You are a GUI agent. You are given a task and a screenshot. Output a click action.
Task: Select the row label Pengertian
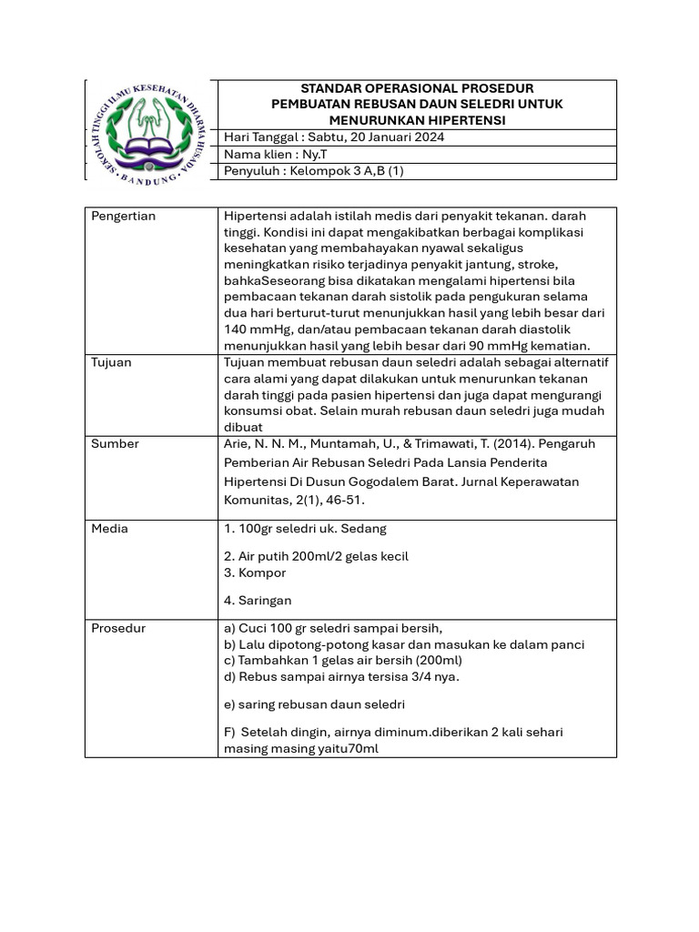[123, 217]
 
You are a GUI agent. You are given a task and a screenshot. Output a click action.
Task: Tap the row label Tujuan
[111, 362]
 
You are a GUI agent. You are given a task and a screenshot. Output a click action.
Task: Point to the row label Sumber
[115, 444]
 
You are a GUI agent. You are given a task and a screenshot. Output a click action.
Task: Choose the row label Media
[110, 529]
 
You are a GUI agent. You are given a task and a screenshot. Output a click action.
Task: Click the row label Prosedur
[118, 628]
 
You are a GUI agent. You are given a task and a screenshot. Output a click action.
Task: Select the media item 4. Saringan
[258, 601]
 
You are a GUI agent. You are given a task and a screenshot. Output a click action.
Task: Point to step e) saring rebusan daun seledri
[314, 704]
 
